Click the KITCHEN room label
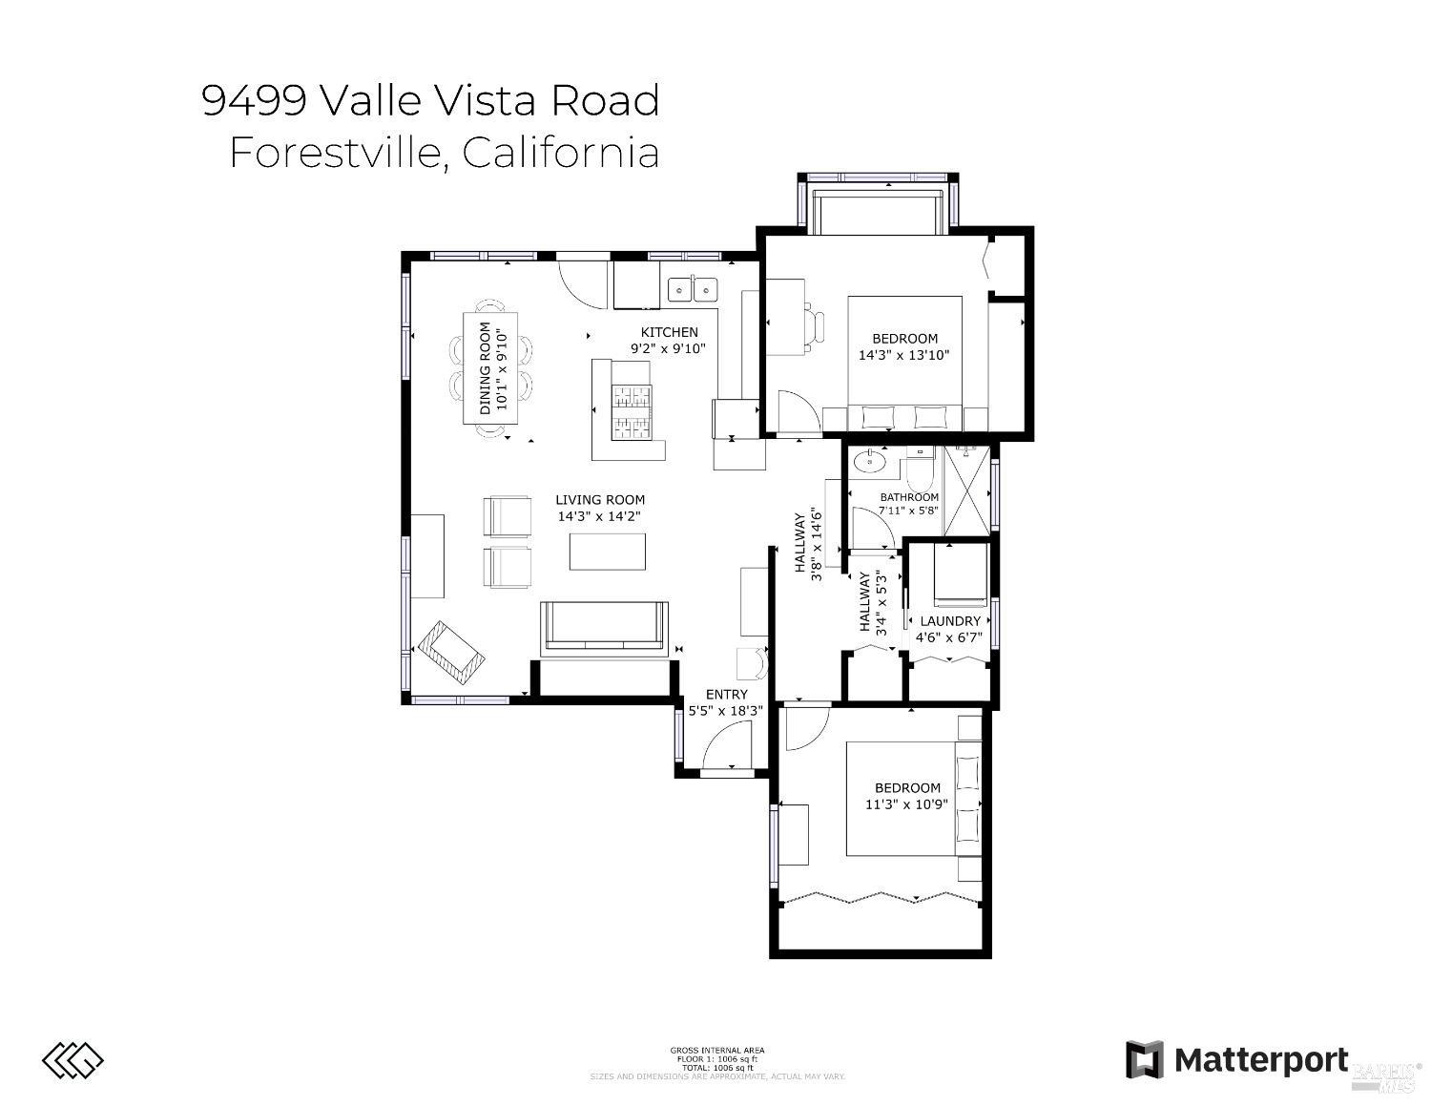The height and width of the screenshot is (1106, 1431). pyautogui.click(x=669, y=332)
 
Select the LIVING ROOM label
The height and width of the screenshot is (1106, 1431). pyautogui.click(x=600, y=499)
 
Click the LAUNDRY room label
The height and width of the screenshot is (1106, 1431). pyautogui.click(x=950, y=621)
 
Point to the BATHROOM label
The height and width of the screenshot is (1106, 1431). pyautogui.click(x=909, y=497)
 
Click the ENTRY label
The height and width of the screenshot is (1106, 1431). pyautogui.click(x=726, y=695)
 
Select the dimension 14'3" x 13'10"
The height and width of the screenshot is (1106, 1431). pyautogui.click(x=904, y=355)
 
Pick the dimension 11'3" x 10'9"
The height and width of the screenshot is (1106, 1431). pyautogui.click(x=907, y=804)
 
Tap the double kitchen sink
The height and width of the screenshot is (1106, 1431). pyautogui.click(x=693, y=288)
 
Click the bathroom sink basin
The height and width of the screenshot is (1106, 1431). pyautogui.click(x=869, y=462)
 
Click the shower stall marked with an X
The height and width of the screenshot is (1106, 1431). pyautogui.click(x=965, y=491)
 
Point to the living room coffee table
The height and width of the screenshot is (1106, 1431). pyautogui.click(x=607, y=551)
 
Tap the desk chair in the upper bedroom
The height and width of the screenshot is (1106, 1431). pyautogui.click(x=813, y=324)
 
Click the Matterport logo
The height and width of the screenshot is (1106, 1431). pyautogui.click(x=1237, y=1060)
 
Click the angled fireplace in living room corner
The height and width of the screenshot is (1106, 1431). pyautogui.click(x=451, y=653)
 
